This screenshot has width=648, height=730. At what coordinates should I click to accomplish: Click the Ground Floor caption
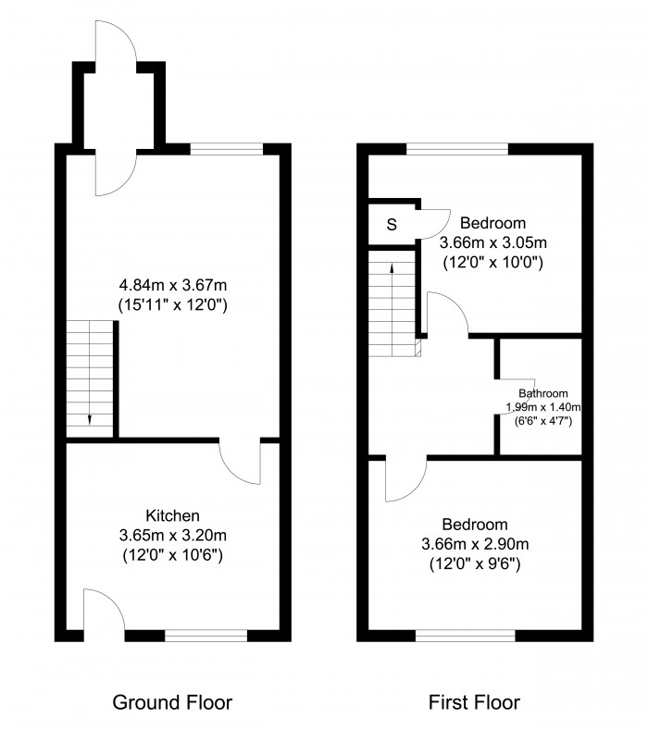click(x=172, y=702)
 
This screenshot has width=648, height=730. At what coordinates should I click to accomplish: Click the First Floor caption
click(x=474, y=702)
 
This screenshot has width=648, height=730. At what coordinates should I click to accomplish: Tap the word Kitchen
click(x=172, y=515)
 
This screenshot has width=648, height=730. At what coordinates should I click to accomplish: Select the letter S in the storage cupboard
click(x=392, y=225)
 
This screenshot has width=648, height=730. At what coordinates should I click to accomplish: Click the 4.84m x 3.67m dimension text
click(x=173, y=286)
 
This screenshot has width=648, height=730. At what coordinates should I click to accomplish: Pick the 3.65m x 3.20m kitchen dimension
click(x=172, y=535)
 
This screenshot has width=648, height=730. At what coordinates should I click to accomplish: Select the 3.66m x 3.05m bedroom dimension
click(x=493, y=242)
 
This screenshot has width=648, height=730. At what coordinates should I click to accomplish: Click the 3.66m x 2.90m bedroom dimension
click(x=475, y=543)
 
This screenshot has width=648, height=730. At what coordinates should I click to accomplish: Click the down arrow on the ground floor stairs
click(x=90, y=418)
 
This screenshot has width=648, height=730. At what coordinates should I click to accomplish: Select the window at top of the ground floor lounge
click(x=227, y=148)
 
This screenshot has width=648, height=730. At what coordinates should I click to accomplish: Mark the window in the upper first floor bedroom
click(x=457, y=148)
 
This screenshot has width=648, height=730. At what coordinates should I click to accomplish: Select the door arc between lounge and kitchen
click(x=243, y=463)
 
